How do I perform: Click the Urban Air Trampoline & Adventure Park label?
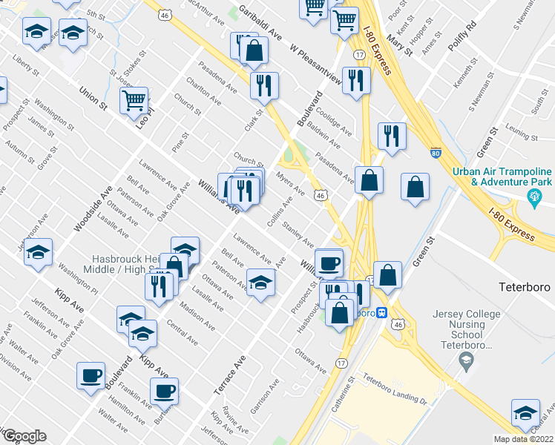[502, 176]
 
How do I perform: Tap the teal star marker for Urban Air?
[532, 198]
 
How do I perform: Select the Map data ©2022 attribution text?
[525, 439]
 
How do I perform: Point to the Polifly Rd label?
[460, 36]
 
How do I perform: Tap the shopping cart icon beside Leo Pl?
[134, 100]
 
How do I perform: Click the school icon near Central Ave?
[525, 412]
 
